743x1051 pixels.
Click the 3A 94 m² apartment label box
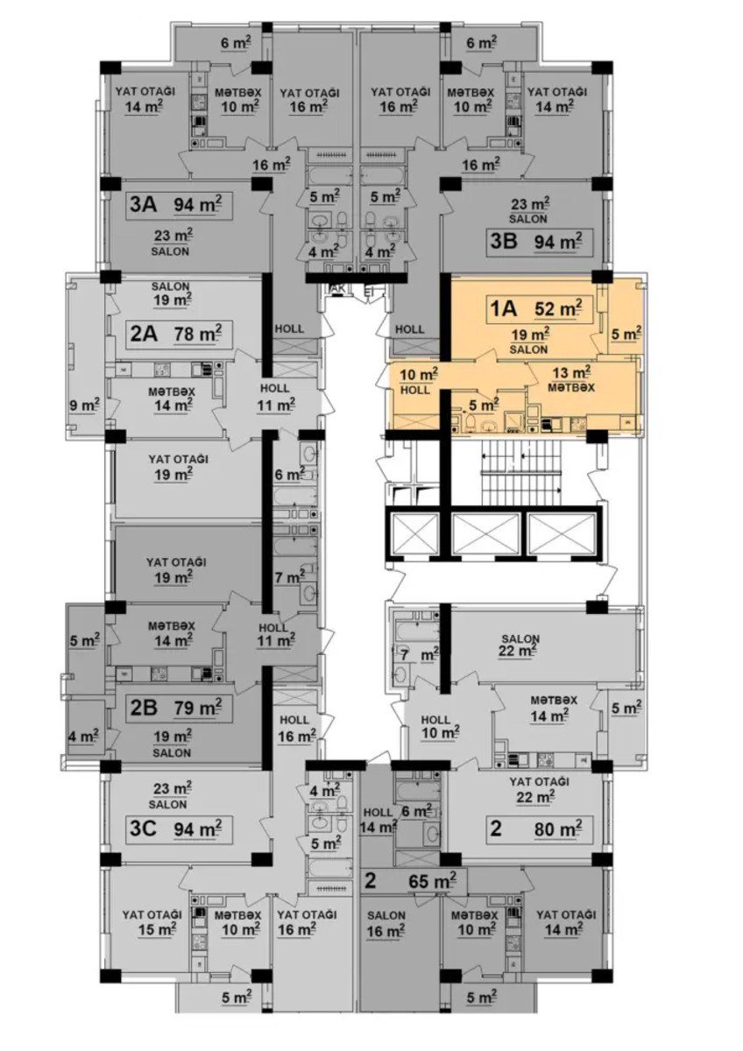(x=180, y=205)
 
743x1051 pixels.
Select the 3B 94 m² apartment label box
(x=540, y=243)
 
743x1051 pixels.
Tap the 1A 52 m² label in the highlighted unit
(x=540, y=310)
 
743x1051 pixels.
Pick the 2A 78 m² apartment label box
(x=180, y=335)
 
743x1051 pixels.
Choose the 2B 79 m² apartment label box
(x=180, y=709)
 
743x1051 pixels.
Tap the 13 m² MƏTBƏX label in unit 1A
(x=570, y=380)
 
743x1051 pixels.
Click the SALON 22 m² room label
(x=520, y=645)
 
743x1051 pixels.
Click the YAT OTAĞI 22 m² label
(x=539, y=789)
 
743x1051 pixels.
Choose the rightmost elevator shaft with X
(x=562, y=534)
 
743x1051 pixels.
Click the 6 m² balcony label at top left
(x=236, y=44)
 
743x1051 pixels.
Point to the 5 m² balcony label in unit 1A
(x=626, y=334)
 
